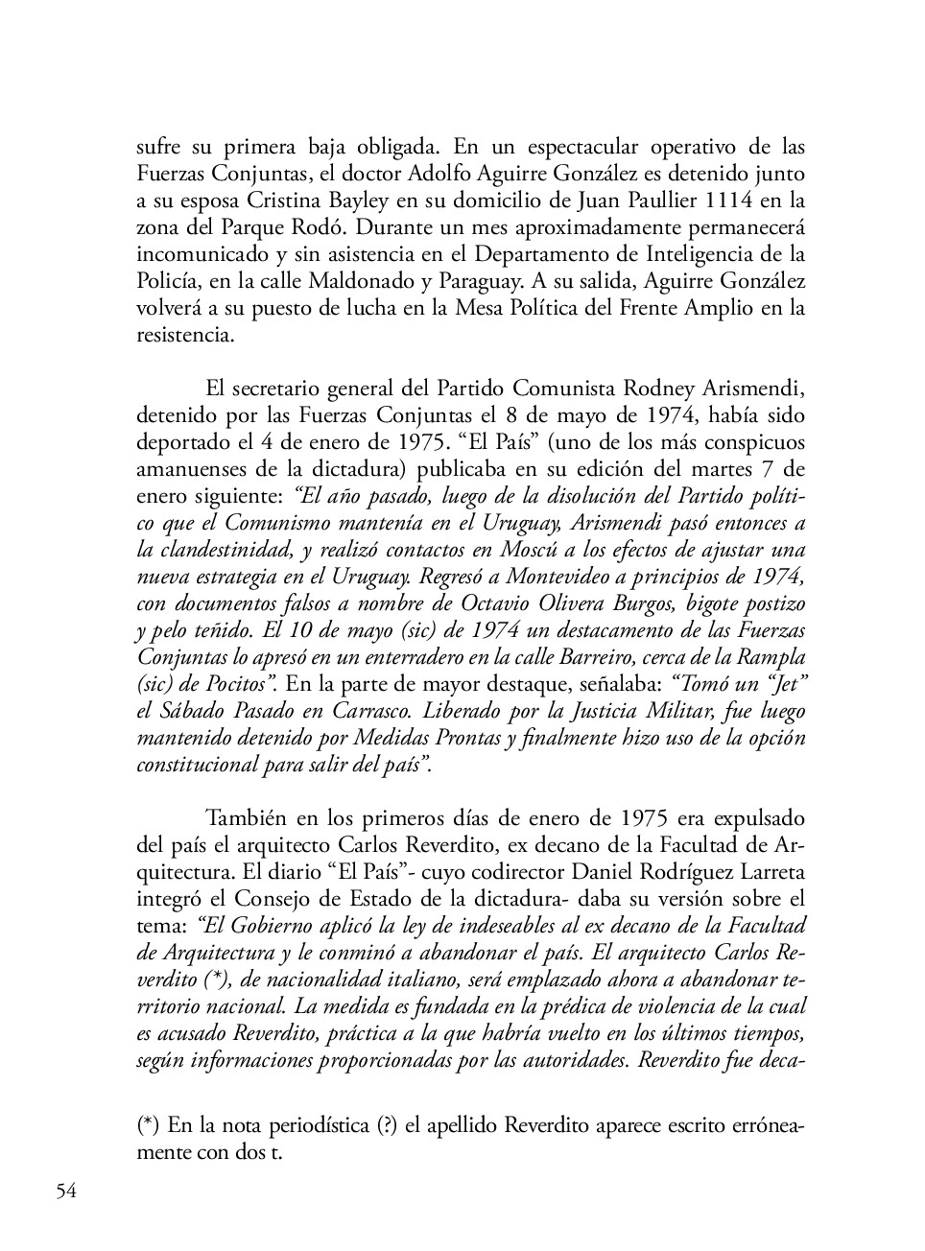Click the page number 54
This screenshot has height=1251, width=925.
(x=66, y=1192)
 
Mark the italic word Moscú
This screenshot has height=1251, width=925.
(x=470, y=551)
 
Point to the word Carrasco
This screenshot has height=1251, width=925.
(x=355, y=712)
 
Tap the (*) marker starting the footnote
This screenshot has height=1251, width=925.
(x=148, y=1126)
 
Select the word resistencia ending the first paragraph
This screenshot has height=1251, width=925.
(x=182, y=336)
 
